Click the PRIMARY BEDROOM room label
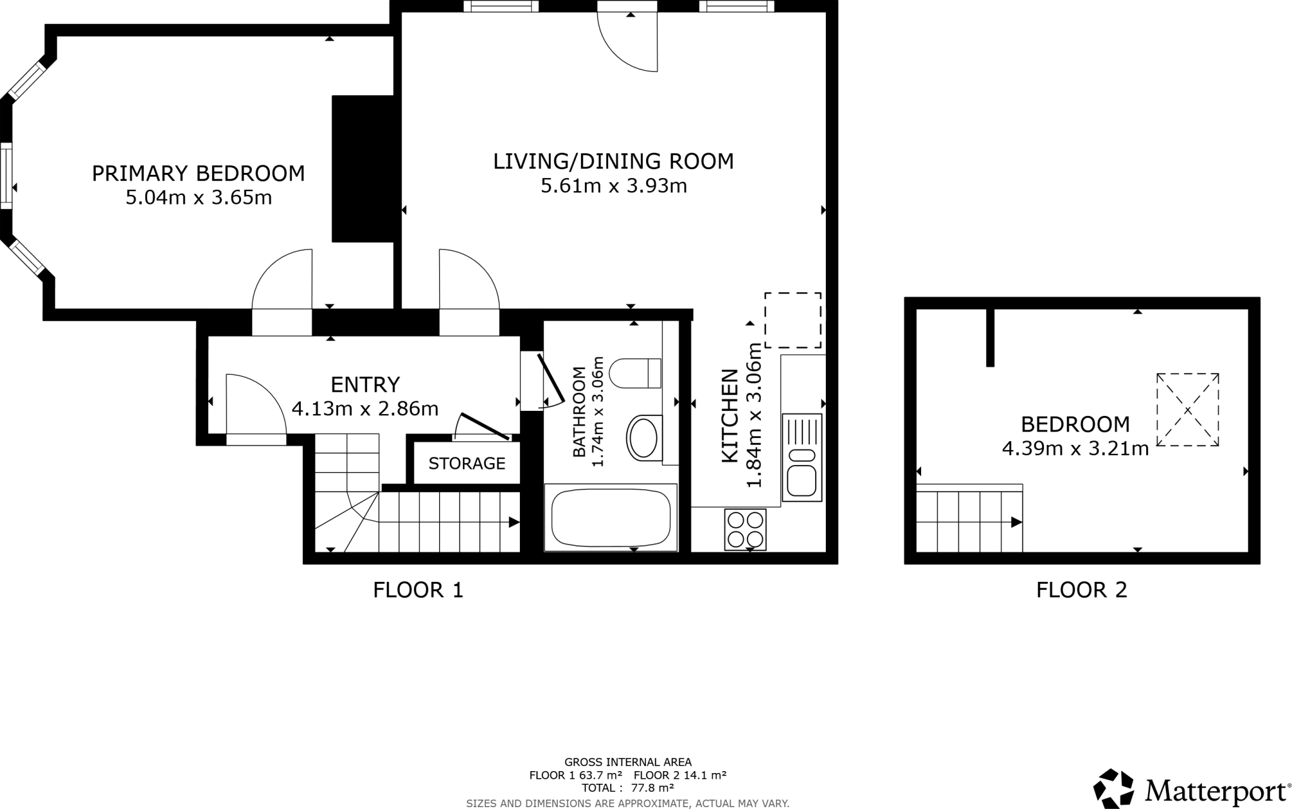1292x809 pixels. (198, 173)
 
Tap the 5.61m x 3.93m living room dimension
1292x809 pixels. (613, 186)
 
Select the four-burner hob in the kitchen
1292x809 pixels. (746, 529)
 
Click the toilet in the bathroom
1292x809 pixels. (635, 373)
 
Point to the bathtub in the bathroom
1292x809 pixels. (611, 518)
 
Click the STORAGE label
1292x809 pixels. (467, 464)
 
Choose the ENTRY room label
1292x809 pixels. (365, 384)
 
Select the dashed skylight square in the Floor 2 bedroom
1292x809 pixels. (1187, 410)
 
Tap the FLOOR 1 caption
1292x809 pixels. (418, 590)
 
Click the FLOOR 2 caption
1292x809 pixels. (1081, 590)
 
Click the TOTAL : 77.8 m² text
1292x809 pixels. (628, 788)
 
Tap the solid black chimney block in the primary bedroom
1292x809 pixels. (363, 168)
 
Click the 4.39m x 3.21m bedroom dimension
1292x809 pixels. (1075, 449)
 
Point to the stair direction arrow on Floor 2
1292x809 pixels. (1016, 523)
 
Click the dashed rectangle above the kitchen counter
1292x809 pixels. (793, 320)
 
